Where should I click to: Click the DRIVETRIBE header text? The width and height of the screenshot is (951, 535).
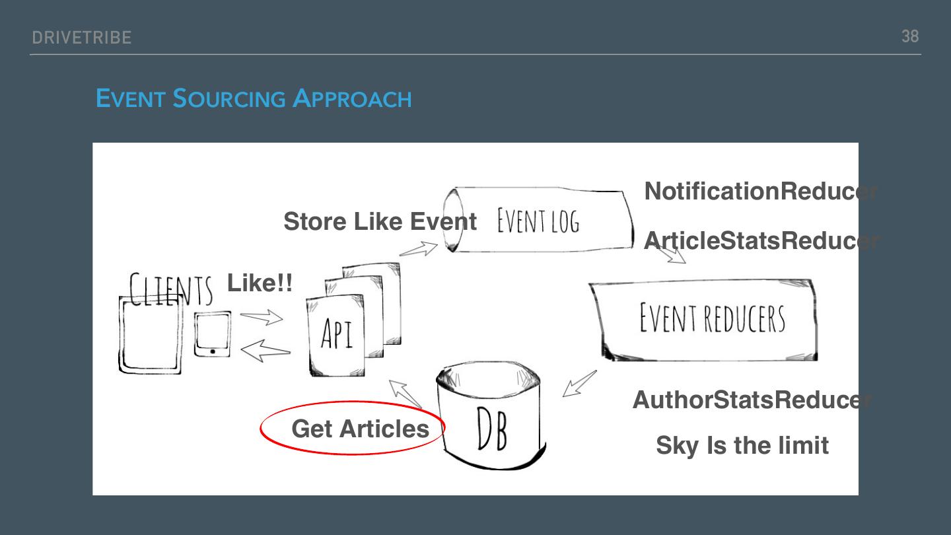point(81,38)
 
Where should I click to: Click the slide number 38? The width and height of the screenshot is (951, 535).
point(909,36)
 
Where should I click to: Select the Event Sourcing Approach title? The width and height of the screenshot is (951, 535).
point(254,99)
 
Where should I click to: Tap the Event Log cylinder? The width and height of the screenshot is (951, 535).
point(538,221)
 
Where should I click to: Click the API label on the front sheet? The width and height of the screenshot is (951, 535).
point(337,334)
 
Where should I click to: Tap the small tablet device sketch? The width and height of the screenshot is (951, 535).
point(213,334)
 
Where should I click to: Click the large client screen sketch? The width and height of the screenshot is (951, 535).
point(150,336)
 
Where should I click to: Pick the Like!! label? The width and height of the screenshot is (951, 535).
point(260,283)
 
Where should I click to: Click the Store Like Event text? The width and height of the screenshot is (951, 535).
point(380,221)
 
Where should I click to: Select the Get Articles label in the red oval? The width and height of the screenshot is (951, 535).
point(360,429)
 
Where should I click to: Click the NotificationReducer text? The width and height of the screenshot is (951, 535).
point(759,192)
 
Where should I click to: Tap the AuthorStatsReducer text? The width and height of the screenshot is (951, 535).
point(752,400)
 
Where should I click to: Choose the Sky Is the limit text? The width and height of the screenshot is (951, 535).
point(742,445)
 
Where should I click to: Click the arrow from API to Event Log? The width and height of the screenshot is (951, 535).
point(419,249)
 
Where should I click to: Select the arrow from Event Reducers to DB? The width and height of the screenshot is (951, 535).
point(579,384)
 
